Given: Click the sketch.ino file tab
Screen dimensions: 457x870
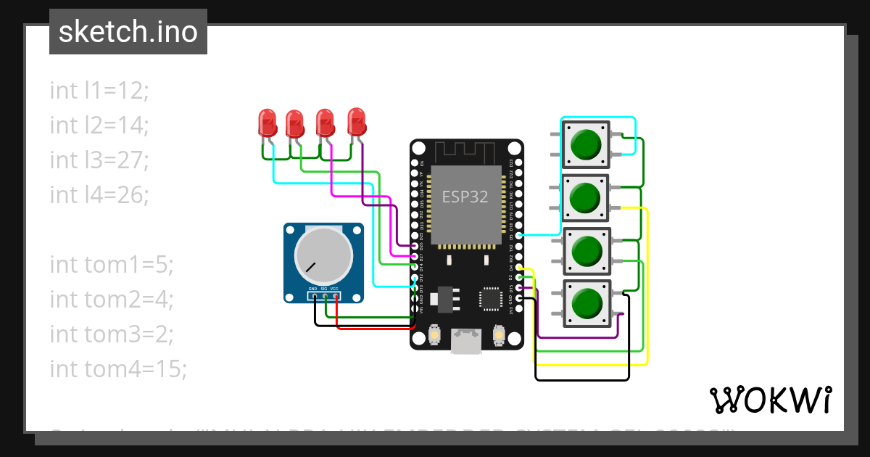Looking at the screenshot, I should point(128,32).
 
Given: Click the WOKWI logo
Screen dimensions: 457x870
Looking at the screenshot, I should point(770,400).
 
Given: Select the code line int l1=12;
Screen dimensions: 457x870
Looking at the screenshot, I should point(99,90).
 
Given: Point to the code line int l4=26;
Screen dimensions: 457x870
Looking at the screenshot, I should point(99,194).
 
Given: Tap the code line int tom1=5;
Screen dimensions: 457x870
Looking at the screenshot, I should point(112,265).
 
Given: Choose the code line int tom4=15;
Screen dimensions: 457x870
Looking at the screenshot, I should point(118,369).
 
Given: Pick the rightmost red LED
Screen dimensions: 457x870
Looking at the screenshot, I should point(357,121).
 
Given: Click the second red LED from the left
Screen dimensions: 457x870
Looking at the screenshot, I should point(294,124).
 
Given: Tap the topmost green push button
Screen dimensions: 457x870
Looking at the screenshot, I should point(585,144).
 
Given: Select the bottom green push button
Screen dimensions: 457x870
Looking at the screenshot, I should point(585,303).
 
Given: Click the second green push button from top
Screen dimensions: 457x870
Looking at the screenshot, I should point(585,197).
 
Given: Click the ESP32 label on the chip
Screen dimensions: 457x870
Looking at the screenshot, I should point(465,196).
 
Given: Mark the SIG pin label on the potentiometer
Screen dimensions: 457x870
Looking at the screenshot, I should point(324,289).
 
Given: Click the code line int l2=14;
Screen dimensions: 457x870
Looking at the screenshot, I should point(99,125).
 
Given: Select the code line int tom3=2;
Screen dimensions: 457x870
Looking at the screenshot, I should point(112,334).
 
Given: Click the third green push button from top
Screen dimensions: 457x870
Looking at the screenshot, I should point(585,250).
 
